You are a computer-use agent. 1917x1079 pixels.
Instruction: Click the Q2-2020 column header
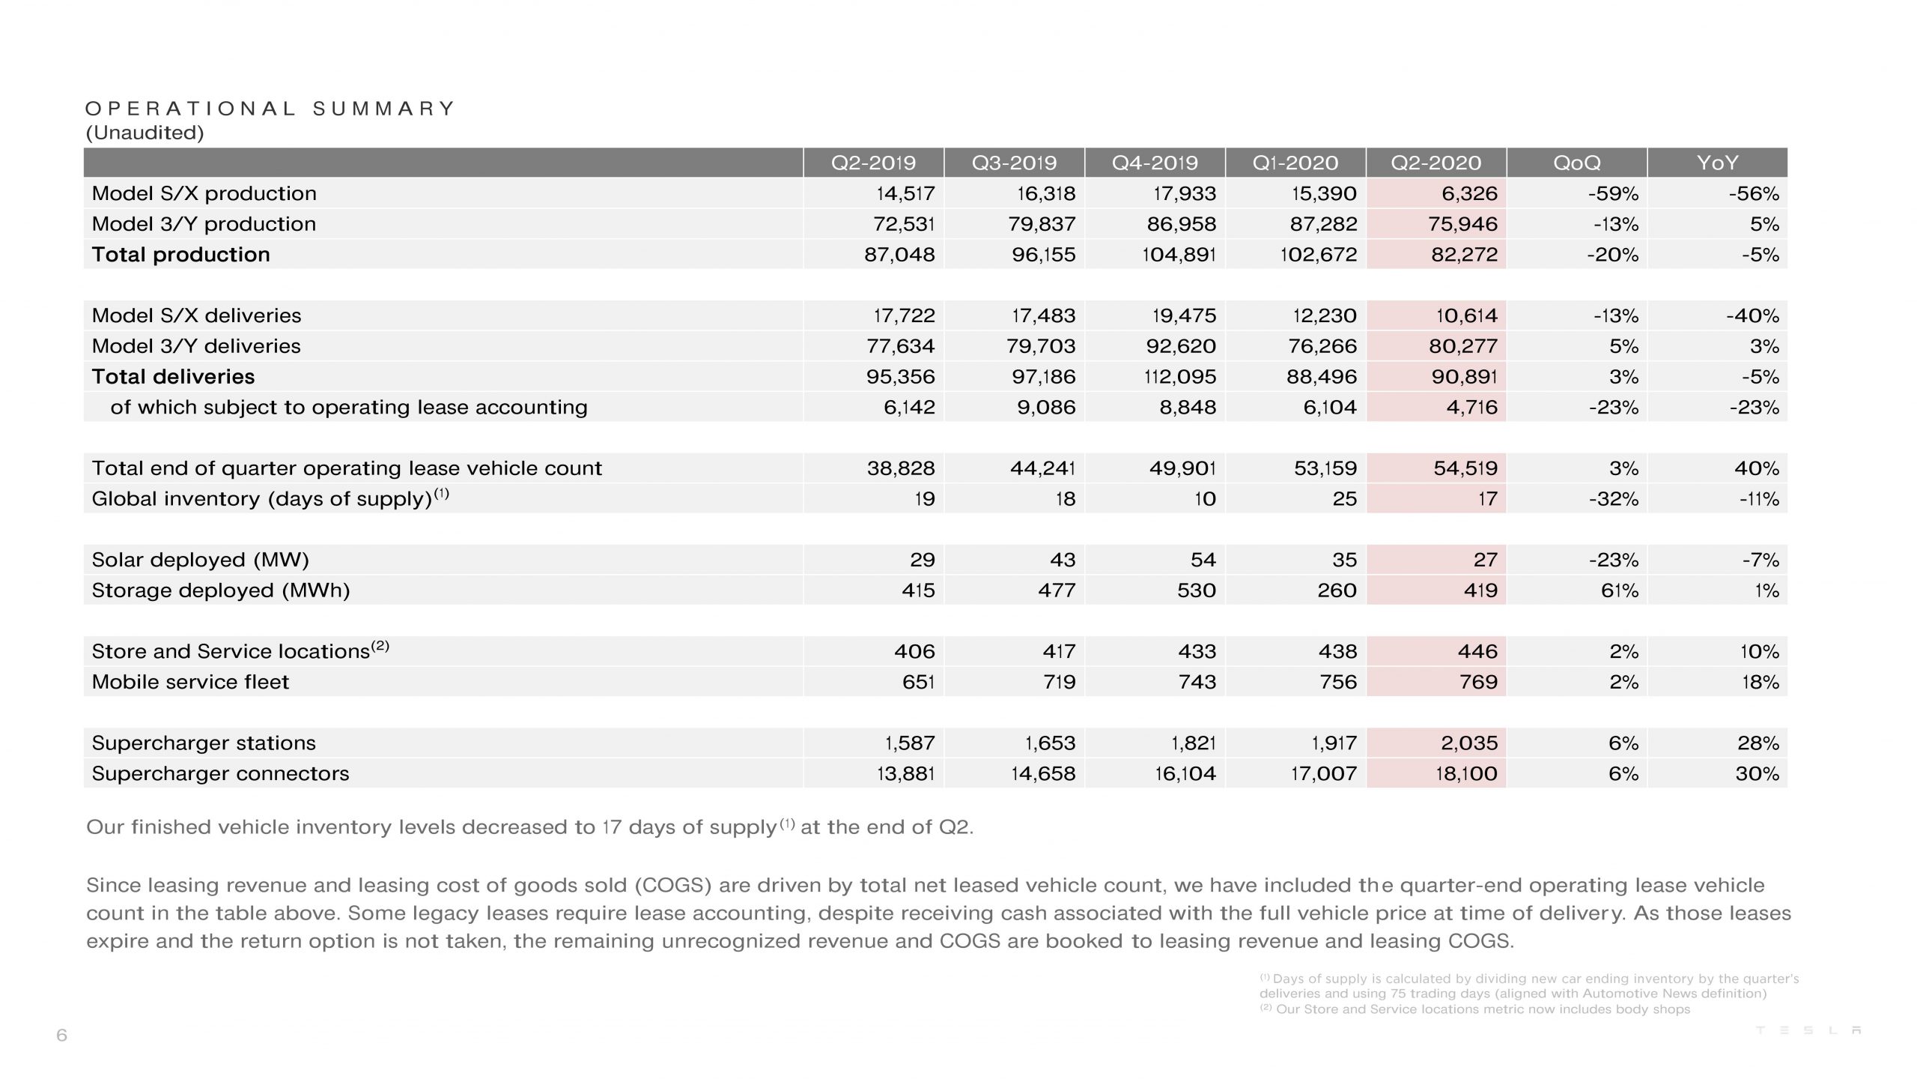tap(1436, 163)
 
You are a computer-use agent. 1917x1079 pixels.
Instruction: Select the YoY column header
tap(1717, 163)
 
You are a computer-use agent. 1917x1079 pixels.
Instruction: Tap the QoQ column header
tap(1576, 163)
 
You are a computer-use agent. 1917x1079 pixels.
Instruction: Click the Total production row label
tap(180, 255)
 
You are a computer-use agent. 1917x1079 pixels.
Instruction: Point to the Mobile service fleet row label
tap(190, 682)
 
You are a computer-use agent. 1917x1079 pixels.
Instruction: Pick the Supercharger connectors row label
tap(220, 773)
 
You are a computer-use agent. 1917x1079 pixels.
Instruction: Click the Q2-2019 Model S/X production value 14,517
tap(905, 193)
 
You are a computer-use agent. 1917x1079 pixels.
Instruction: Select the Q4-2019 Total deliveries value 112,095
tap(1180, 377)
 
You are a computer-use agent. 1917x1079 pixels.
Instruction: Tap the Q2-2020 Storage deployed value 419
tap(1480, 590)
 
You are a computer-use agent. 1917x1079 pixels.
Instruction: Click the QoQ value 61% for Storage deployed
tap(1619, 590)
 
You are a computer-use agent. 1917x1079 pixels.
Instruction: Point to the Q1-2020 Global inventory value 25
tap(1344, 499)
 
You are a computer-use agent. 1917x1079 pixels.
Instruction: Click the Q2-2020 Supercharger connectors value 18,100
tap(1466, 773)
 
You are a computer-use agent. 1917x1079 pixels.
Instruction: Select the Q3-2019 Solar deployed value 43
tap(1062, 560)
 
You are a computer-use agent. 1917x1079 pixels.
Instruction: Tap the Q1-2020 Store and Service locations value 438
tap(1337, 651)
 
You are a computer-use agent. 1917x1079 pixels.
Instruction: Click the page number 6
tap(61, 1036)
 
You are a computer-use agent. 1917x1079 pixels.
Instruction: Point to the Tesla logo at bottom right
tap(1808, 1030)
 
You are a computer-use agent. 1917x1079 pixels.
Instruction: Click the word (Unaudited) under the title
tap(145, 133)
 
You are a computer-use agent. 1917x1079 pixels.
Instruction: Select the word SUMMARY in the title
tap(383, 109)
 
